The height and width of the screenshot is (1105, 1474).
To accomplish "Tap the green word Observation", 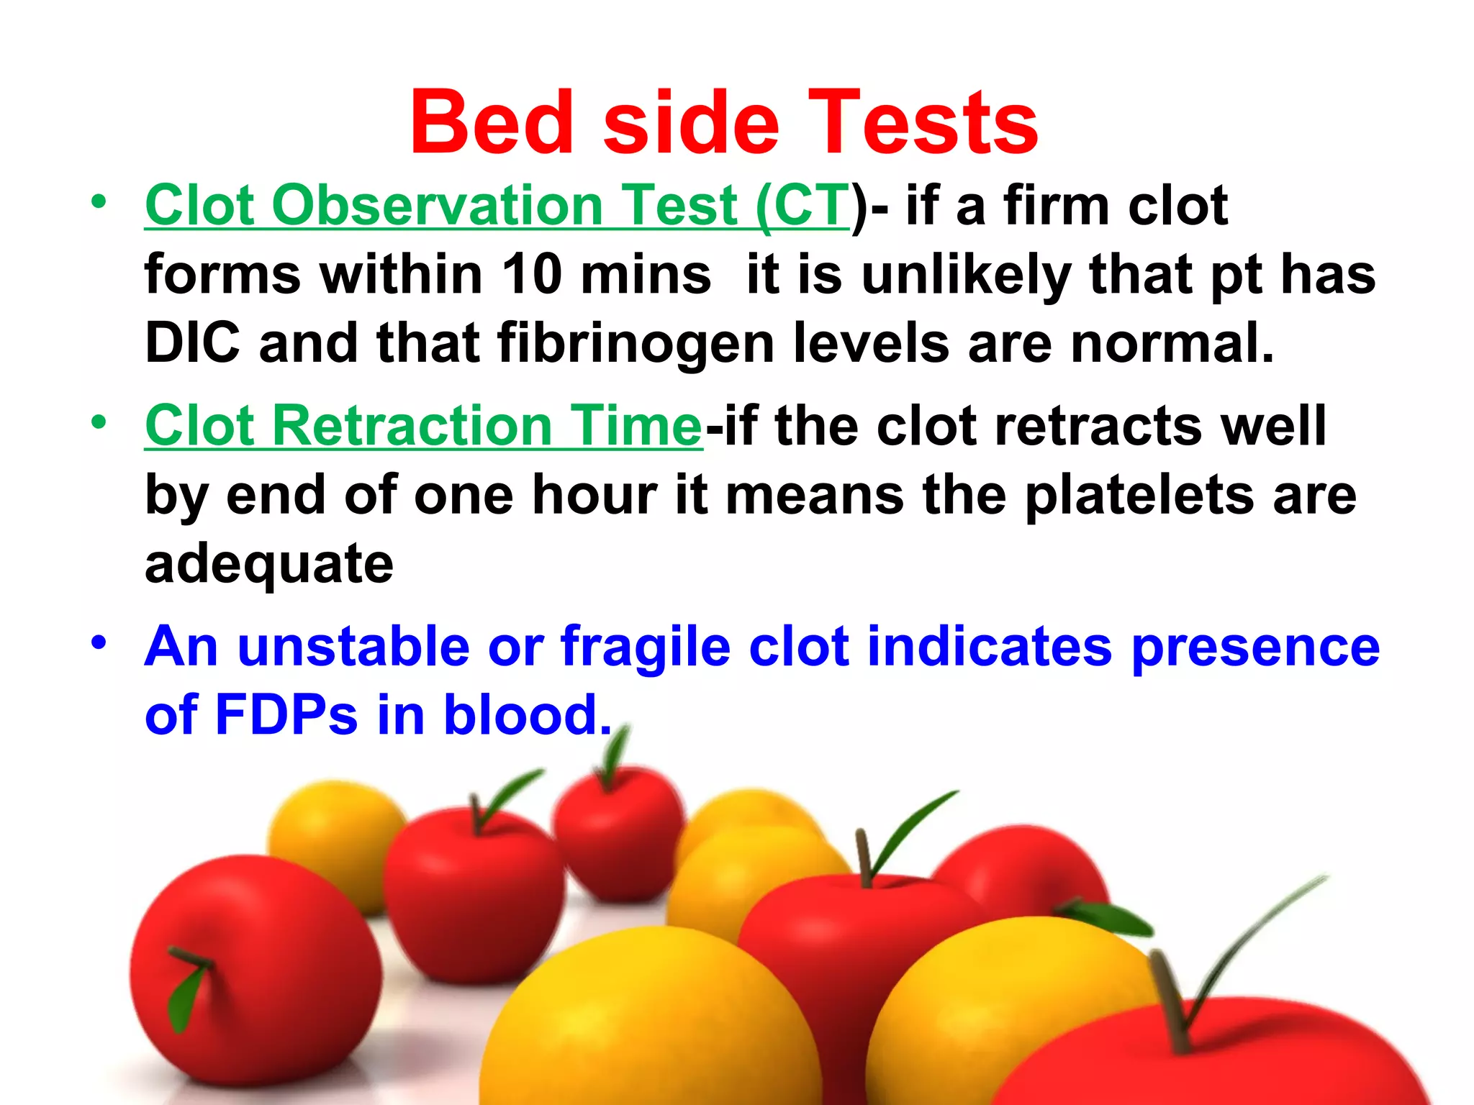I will point(437,205).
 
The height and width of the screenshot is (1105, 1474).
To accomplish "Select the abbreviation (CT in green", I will point(802,205).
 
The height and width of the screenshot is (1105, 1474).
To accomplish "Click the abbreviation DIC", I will point(192,342).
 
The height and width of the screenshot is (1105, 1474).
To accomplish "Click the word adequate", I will point(269,565).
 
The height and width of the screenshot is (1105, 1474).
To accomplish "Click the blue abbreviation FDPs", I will point(286,714).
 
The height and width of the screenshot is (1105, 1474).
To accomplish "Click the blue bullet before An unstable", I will point(99,642).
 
